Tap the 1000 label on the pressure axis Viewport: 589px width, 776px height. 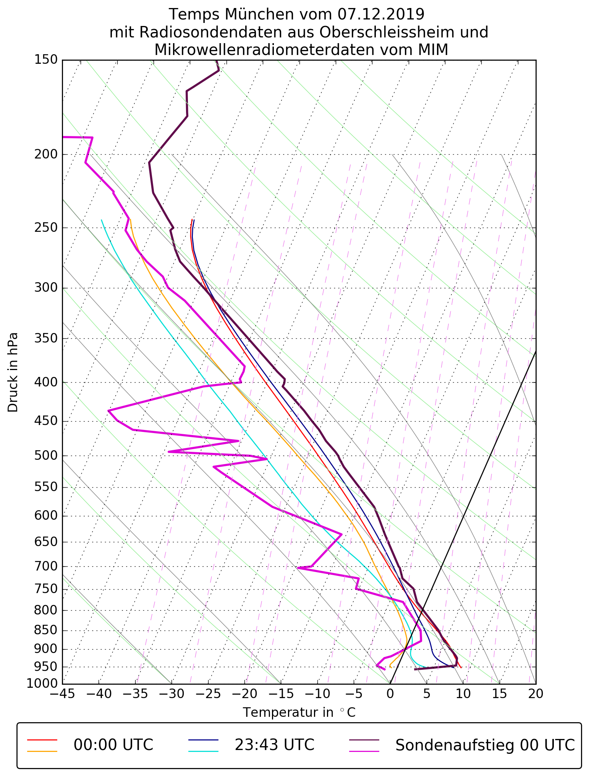[42, 683]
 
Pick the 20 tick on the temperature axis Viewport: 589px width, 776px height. [536, 693]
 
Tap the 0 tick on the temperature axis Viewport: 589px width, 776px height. [390, 693]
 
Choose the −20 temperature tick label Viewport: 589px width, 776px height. [244, 693]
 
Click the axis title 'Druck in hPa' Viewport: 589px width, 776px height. [13, 372]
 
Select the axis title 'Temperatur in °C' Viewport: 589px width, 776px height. [299, 713]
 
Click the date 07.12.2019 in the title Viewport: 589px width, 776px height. [381, 15]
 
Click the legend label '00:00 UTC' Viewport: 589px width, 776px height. [113, 745]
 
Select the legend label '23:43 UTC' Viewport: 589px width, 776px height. [274, 745]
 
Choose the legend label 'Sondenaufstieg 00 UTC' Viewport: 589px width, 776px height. [485, 745]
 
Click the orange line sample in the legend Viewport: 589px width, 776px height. [42, 751]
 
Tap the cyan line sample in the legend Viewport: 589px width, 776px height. [203, 751]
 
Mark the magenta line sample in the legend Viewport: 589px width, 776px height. [364, 751]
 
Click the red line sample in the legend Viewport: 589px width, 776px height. [42, 739]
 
